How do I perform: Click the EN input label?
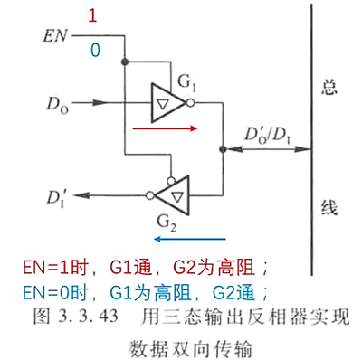click(54, 38)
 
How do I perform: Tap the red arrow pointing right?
click(164, 128)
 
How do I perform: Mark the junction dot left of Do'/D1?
click(222, 147)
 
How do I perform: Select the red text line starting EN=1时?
click(137, 269)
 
